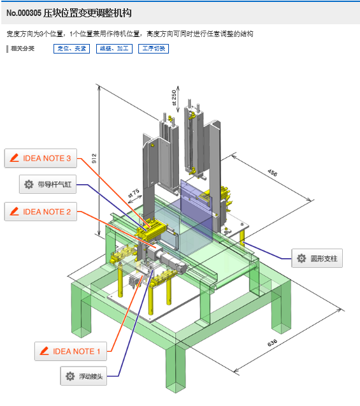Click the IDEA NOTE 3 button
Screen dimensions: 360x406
click(41, 158)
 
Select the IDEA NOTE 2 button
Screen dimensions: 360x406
click(41, 212)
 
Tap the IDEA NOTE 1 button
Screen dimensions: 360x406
click(71, 351)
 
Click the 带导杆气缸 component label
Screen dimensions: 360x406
click(48, 184)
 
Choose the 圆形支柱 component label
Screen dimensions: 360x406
click(317, 258)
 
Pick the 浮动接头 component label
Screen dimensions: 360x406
click(83, 376)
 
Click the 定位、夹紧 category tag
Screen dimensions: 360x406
click(72, 48)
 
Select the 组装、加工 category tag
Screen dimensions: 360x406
click(115, 48)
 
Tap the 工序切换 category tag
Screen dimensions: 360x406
click(154, 48)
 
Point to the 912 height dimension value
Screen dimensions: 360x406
click(94, 159)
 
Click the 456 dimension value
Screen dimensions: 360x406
click(272, 173)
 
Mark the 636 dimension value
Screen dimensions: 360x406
click(272, 342)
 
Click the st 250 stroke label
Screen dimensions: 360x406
click(174, 98)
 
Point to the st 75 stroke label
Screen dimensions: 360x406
click(134, 193)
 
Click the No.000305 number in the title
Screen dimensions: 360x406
click(24, 13)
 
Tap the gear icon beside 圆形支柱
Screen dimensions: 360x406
click(301, 258)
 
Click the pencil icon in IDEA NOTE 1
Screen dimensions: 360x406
click(44, 351)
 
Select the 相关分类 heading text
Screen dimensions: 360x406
click(23, 48)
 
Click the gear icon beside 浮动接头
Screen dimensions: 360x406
click(70, 376)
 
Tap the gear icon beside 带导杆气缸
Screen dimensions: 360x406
click(29, 184)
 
